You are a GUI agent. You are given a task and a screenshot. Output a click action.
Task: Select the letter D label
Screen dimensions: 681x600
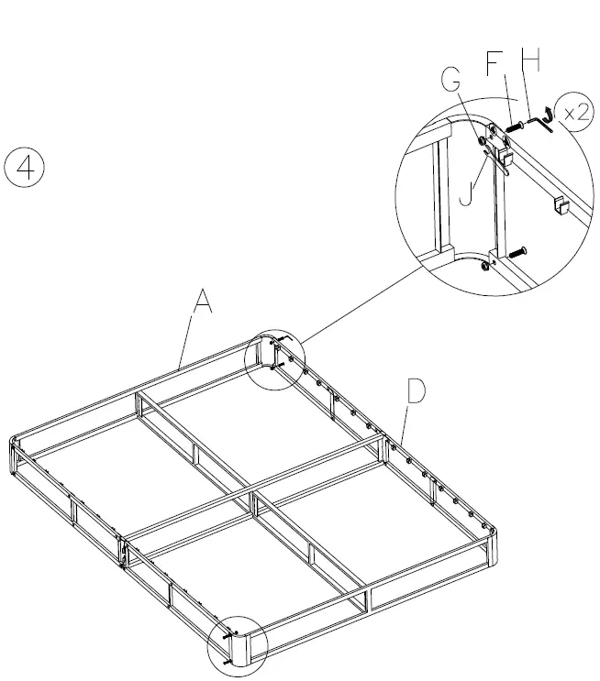click(416, 391)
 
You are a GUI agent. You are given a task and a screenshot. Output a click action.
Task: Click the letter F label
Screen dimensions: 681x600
click(494, 64)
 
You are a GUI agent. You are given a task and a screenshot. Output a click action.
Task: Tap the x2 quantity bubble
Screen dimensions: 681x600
click(575, 113)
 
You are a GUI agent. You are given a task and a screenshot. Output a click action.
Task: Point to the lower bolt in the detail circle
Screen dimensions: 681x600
click(518, 249)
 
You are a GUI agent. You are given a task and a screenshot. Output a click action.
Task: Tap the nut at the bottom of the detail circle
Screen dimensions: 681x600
click(483, 269)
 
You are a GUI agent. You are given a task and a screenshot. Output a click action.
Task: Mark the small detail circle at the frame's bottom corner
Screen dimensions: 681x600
click(236, 643)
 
